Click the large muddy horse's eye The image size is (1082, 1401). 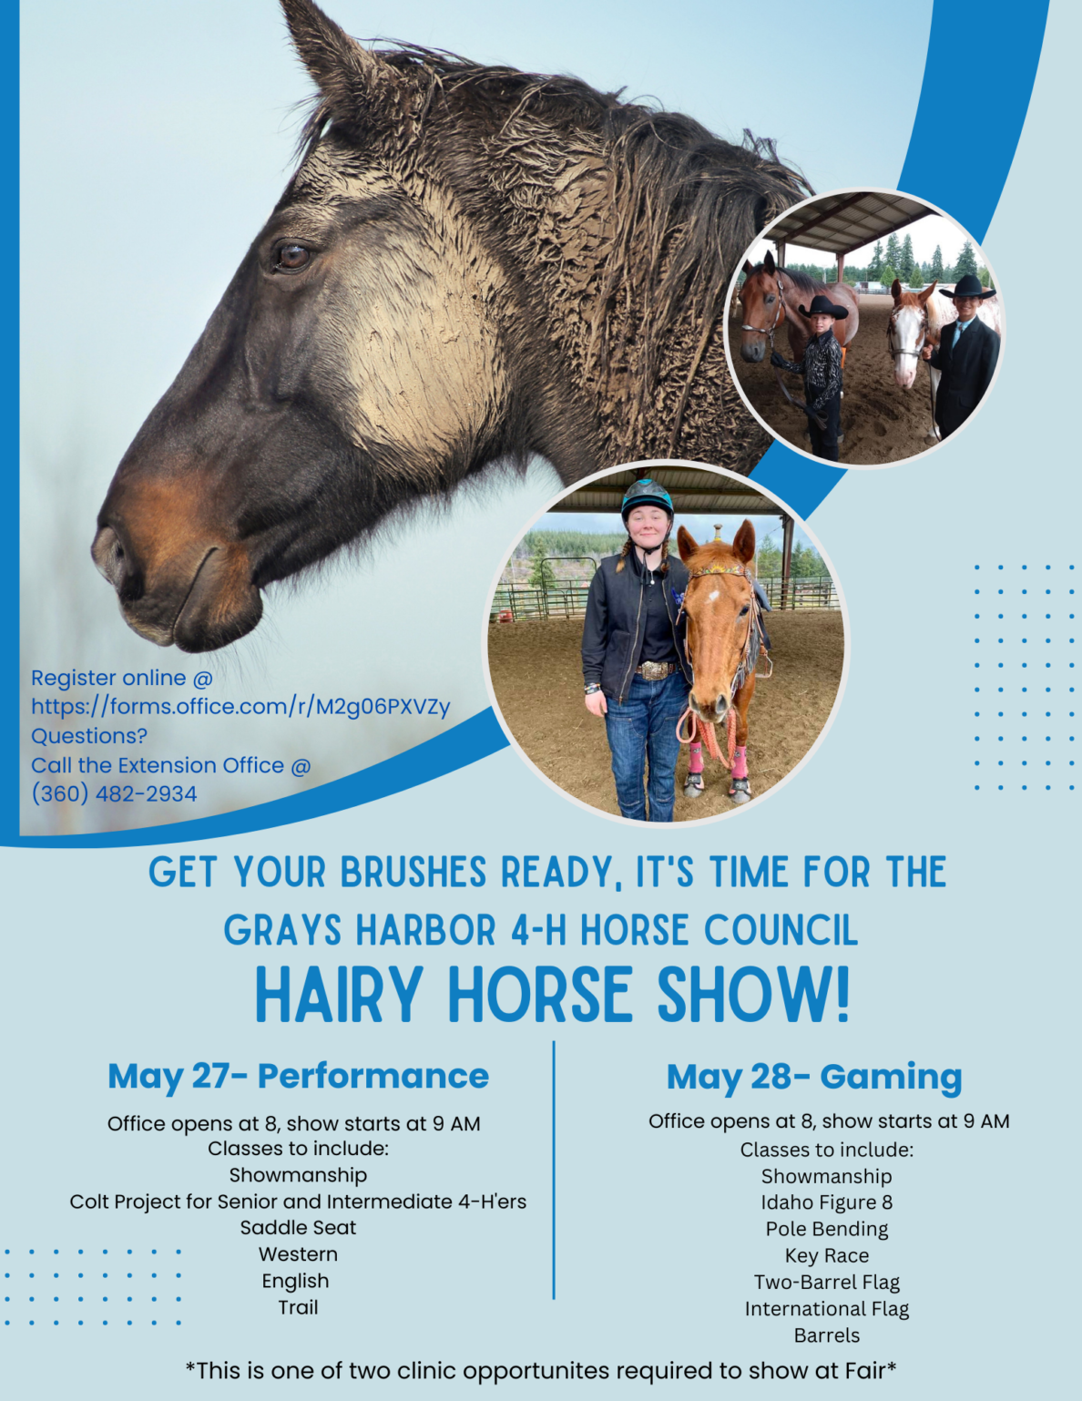(291, 256)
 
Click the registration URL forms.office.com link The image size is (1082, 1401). (240, 707)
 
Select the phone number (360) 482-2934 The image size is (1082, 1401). (114, 793)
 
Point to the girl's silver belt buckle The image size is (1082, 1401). (654, 671)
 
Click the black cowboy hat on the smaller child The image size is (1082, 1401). (823, 307)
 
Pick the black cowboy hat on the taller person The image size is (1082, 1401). (967, 288)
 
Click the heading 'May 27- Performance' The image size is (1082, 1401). (298, 1076)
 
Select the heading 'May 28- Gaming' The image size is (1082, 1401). (814, 1076)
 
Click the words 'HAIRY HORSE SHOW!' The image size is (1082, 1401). (552, 995)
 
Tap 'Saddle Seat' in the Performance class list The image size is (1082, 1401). (298, 1228)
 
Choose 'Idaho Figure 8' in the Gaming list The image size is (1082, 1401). (826, 1202)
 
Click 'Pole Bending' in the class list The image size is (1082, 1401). (826, 1229)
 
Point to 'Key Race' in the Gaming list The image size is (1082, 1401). (826, 1255)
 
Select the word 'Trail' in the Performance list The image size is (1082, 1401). (298, 1307)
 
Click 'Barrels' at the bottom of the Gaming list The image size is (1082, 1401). (826, 1335)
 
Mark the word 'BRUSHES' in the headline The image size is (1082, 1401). (413, 873)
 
